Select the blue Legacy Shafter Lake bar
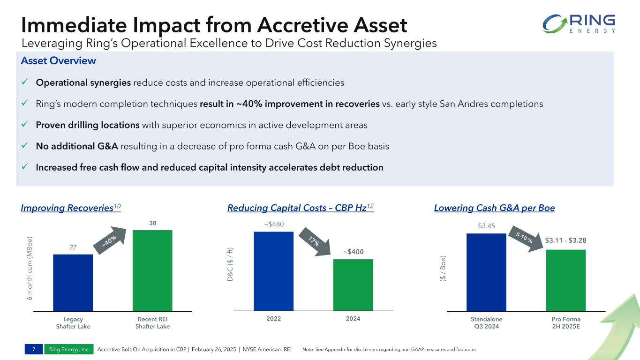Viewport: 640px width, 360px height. tap(73, 282)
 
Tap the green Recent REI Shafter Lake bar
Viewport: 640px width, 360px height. tap(152, 270)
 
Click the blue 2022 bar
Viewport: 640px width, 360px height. tap(273, 271)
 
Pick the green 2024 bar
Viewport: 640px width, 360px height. tap(353, 285)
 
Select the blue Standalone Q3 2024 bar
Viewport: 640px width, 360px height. tap(486, 272)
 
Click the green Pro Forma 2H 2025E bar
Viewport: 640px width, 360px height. tap(565, 280)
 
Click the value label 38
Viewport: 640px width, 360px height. tap(153, 224)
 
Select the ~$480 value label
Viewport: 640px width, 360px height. tap(274, 224)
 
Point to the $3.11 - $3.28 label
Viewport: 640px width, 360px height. tap(565, 240)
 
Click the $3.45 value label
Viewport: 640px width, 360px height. tap(486, 226)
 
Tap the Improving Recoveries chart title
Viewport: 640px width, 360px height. tap(70, 208)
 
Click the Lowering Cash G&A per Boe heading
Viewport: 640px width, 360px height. tap(494, 208)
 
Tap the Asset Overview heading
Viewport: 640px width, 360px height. tap(58, 61)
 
